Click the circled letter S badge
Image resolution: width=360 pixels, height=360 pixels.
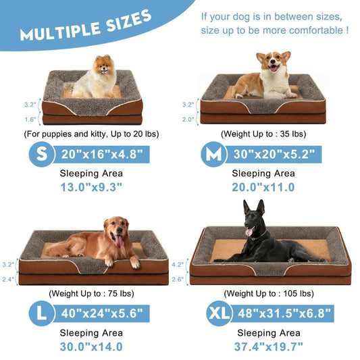41,154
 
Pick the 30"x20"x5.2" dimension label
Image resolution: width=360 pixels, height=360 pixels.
274,154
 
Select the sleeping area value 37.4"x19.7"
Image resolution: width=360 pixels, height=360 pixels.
269,346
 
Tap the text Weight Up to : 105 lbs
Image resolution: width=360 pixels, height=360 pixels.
269,293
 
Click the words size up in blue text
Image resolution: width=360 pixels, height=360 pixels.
217,30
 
